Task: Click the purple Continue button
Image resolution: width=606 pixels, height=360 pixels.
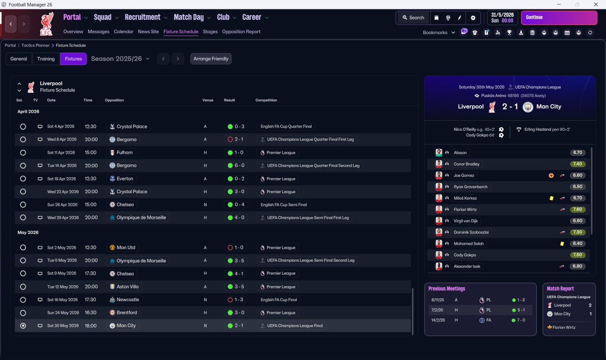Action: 559,18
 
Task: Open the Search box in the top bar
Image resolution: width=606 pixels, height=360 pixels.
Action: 413,18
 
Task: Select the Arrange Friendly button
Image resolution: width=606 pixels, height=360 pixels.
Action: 211,59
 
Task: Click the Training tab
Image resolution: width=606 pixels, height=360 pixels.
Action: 46,59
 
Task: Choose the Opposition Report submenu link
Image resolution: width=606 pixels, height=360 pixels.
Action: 241,32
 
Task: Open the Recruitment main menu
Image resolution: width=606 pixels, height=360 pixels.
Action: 143,18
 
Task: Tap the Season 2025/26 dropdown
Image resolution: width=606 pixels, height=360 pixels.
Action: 120,59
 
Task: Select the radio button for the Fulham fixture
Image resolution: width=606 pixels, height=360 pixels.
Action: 23,153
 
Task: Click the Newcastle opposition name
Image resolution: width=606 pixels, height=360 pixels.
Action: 128,300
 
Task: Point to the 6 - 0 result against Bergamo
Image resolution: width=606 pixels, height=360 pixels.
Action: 239,165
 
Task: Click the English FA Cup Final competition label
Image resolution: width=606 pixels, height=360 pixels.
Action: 279,300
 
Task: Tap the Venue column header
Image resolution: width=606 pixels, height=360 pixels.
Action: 208,100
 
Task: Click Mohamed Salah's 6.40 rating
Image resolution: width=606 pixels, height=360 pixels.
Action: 577,243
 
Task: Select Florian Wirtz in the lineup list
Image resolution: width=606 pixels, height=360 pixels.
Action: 465,209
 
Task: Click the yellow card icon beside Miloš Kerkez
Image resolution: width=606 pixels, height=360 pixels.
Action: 552,198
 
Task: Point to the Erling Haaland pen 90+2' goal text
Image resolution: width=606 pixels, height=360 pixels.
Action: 547,129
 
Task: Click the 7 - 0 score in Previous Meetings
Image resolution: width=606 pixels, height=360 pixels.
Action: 521,320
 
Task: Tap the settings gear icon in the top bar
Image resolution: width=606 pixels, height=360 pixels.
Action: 473,18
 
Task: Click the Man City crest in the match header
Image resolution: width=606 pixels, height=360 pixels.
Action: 527,107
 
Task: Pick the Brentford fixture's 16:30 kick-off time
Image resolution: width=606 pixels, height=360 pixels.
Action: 90,313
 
